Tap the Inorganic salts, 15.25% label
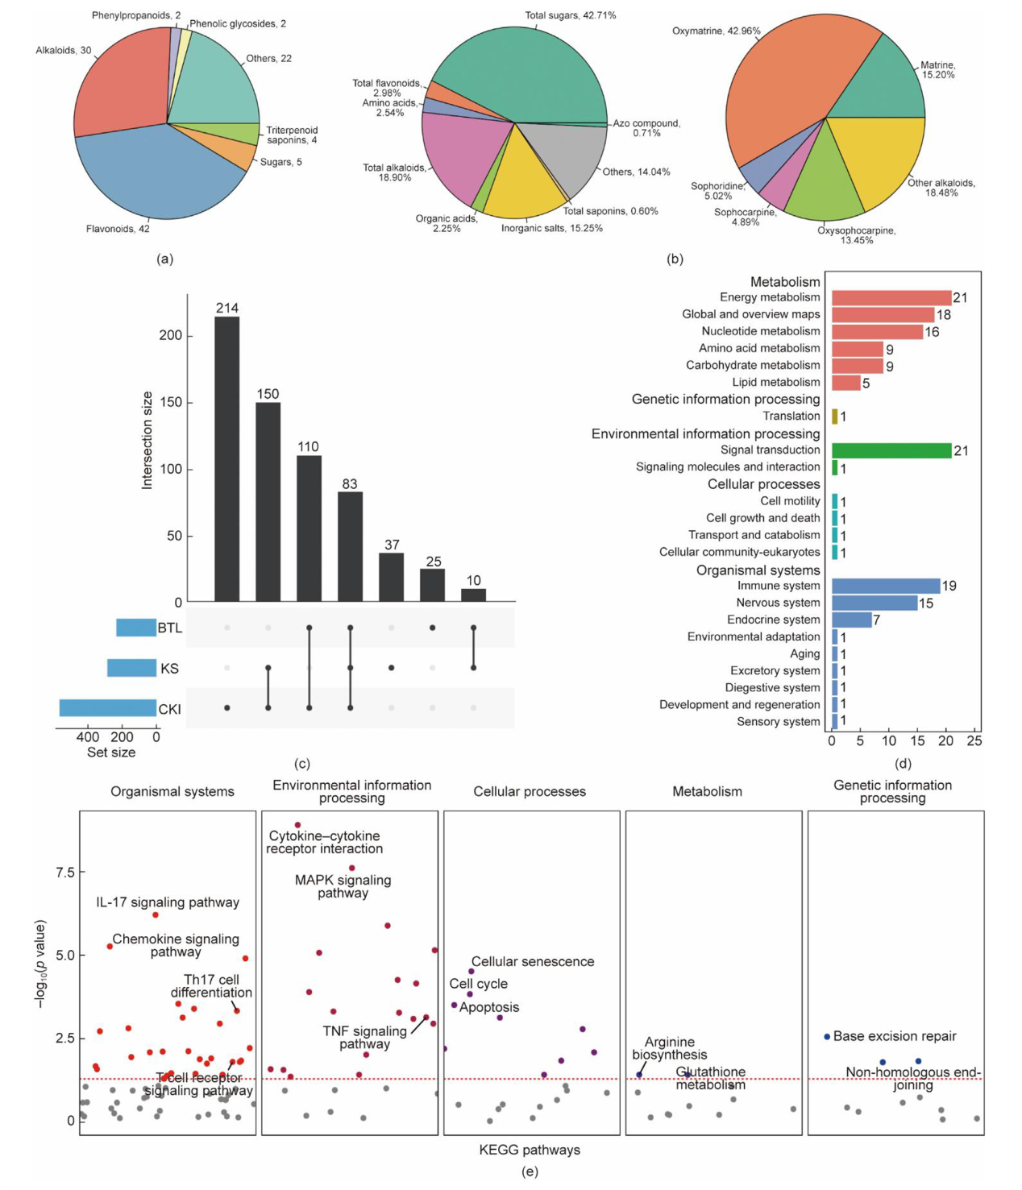click(551, 228)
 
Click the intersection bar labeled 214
click(226, 459)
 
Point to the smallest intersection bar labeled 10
click(473, 595)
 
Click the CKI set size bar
click(107, 708)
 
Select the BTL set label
click(169, 628)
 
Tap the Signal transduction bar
click(891, 450)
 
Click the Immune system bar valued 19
click(886, 586)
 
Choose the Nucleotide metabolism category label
click(760, 331)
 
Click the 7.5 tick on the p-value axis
click(65, 873)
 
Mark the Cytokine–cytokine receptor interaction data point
click(297, 825)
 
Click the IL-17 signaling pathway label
click(168, 902)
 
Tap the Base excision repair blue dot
click(827, 1037)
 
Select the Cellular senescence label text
click(533, 961)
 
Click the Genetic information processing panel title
click(892, 791)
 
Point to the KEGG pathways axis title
click(530, 1150)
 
